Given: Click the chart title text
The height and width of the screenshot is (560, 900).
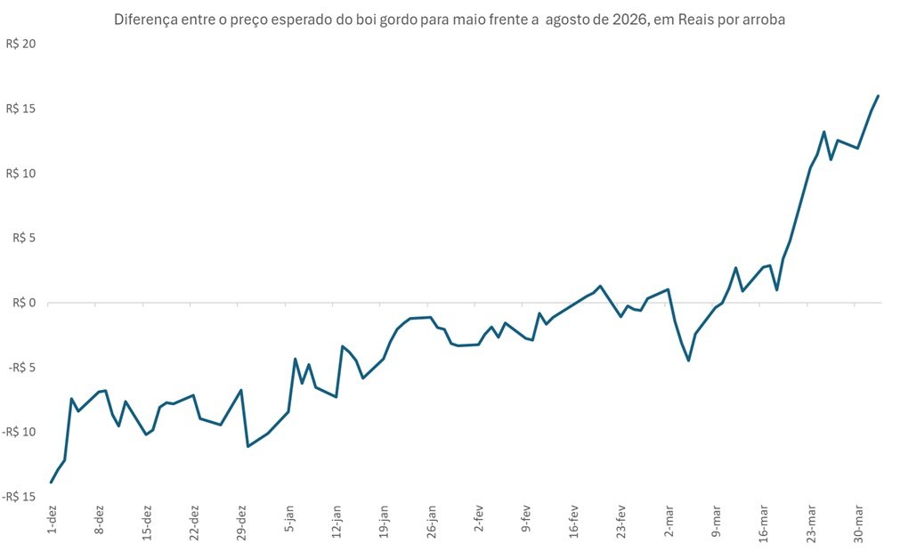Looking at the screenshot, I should [450, 19].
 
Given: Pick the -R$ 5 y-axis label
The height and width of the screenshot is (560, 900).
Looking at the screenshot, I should [23, 368].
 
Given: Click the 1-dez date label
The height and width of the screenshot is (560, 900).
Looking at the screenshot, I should [53, 519].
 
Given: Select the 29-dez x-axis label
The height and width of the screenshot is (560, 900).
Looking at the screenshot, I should [242, 522].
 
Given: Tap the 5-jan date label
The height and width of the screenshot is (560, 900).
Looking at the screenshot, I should [289, 519].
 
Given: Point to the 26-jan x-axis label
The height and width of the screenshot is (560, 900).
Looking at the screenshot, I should [432, 522].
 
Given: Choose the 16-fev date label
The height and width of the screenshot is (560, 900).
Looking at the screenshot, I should [574, 522].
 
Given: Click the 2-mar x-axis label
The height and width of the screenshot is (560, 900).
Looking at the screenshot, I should [669, 519].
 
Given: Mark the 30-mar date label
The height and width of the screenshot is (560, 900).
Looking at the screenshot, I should [858, 522].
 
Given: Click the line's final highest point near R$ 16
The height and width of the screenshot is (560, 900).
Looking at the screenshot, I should [879, 95].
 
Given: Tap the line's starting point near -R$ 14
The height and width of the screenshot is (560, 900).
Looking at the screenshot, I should [52, 483].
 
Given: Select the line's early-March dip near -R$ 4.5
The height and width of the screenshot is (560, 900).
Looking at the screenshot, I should [688, 361].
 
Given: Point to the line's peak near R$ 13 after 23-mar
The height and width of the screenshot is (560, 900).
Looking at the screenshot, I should [824, 132].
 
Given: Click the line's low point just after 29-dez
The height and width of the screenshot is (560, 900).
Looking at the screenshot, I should [247, 446].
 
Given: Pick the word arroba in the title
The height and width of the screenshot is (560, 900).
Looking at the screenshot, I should [762, 19].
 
